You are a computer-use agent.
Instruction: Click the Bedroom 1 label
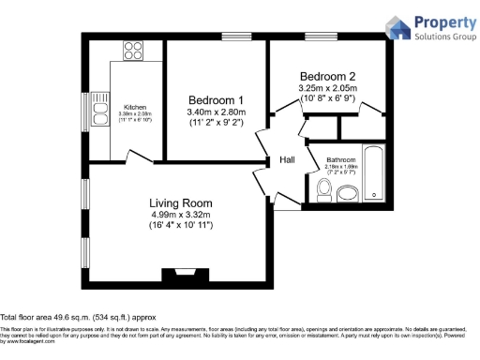(216, 100)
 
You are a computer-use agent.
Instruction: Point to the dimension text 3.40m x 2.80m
(216, 112)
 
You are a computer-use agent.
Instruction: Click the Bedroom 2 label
(327, 76)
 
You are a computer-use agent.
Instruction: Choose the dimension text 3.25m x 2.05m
(328, 88)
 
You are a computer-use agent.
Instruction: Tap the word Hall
(287, 160)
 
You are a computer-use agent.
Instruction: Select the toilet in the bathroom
(323, 190)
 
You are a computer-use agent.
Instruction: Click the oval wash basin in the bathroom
(348, 194)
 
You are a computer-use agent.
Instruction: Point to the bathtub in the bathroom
(373, 173)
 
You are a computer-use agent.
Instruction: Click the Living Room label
(181, 202)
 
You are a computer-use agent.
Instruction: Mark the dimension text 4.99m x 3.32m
(181, 215)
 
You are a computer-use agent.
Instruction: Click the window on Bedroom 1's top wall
(234, 37)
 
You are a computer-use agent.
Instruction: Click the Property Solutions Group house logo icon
(397, 27)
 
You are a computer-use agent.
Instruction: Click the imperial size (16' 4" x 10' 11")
(181, 226)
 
